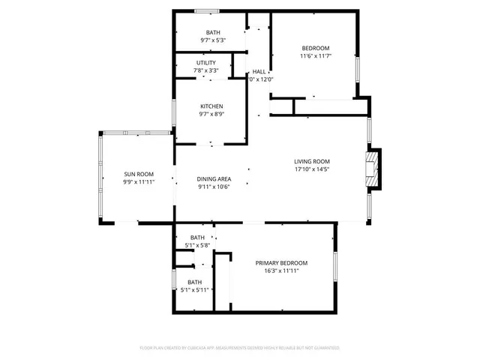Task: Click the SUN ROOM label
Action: (139, 173)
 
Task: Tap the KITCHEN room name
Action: (211, 106)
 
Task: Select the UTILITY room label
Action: (206, 63)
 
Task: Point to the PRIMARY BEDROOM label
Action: (281, 262)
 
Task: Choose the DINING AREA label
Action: (213, 178)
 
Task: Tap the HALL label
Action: (259, 71)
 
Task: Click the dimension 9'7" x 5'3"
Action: (213, 40)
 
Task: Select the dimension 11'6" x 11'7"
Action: (316, 55)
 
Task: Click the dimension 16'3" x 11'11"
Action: (281, 271)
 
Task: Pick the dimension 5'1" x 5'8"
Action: (196, 245)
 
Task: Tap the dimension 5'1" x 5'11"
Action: (196, 289)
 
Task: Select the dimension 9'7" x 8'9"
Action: (211, 115)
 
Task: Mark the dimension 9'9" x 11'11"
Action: (139, 181)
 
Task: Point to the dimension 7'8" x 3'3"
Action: (206, 71)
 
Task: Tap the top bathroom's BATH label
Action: (213, 32)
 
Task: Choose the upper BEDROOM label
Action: (316, 47)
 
